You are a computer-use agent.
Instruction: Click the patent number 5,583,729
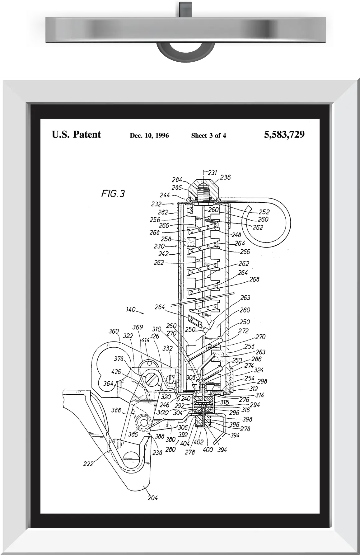pyautogui.click(x=284, y=134)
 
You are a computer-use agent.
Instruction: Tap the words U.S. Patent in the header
pyautogui.click(x=76, y=134)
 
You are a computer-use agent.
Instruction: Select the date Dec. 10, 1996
pyautogui.click(x=149, y=135)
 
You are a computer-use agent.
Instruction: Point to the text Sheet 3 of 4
pyautogui.click(x=208, y=135)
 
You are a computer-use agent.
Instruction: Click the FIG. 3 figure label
pyautogui.click(x=113, y=194)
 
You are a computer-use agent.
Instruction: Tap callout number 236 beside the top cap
pyautogui.click(x=225, y=177)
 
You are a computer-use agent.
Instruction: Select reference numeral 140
pyautogui.click(x=131, y=309)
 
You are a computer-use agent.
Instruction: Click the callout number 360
pyautogui.click(x=114, y=331)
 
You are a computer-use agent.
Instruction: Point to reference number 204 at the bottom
pyautogui.click(x=152, y=498)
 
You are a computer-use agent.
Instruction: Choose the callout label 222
pyautogui.click(x=88, y=464)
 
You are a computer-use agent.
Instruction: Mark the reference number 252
pyautogui.click(x=264, y=212)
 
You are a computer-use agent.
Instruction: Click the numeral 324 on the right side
pyautogui.click(x=259, y=370)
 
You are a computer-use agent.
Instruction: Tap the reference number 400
pyautogui.click(x=208, y=449)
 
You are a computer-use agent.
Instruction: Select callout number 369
pyautogui.click(x=138, y=327)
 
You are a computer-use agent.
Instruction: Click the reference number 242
pyautogui.click(x=163, y=254)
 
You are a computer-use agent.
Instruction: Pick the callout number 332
pyautogui.click(x=167, y=348)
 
